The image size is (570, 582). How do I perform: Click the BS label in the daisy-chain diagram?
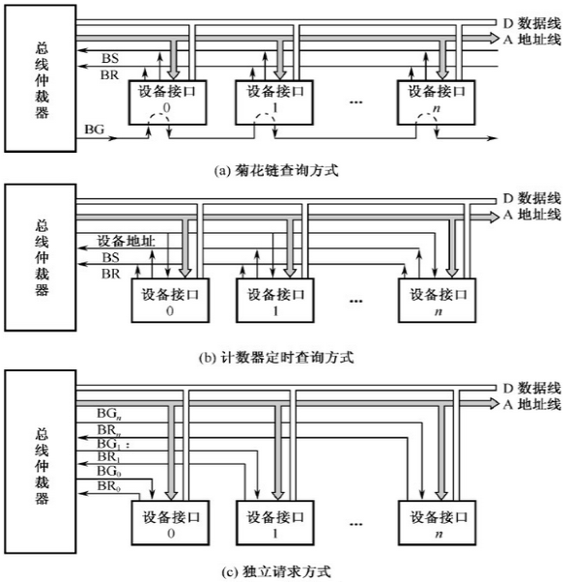[x=109, y=59]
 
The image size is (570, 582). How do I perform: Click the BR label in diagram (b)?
[x=109, y=275]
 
